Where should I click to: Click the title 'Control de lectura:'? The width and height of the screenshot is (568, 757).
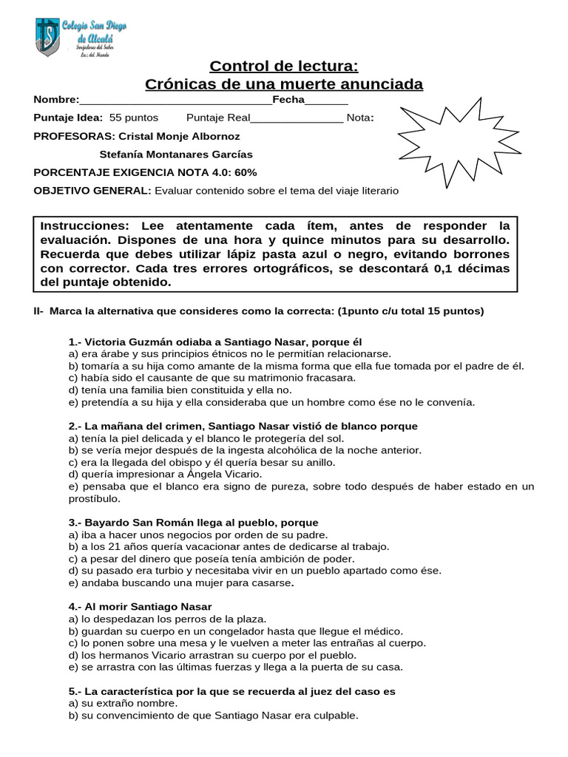tap(284, 67)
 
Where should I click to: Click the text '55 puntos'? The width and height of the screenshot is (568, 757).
tap(134, 118)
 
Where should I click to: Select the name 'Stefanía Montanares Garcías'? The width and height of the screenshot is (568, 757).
tap(175, 155)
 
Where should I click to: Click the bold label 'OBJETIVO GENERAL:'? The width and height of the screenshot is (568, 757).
tap(92, 191)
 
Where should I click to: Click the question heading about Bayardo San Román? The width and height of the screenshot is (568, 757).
tap(193, 522)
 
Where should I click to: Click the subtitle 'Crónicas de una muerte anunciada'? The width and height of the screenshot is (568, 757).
tap(284, 84)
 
